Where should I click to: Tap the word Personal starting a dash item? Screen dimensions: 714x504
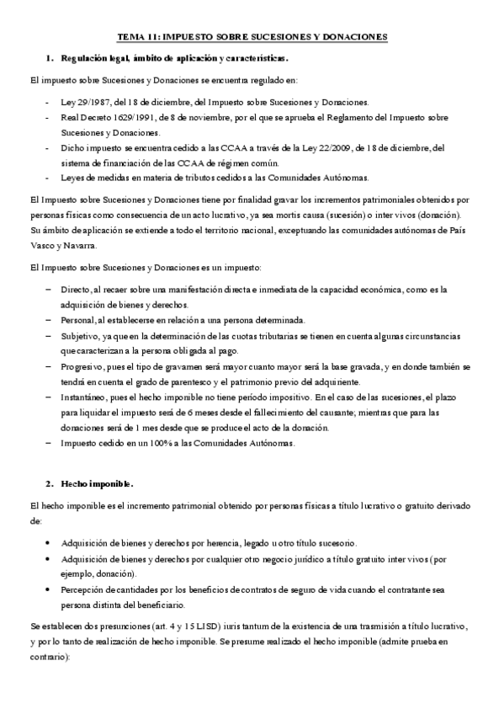(77, 320)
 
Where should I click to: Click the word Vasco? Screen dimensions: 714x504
(43, 245)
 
